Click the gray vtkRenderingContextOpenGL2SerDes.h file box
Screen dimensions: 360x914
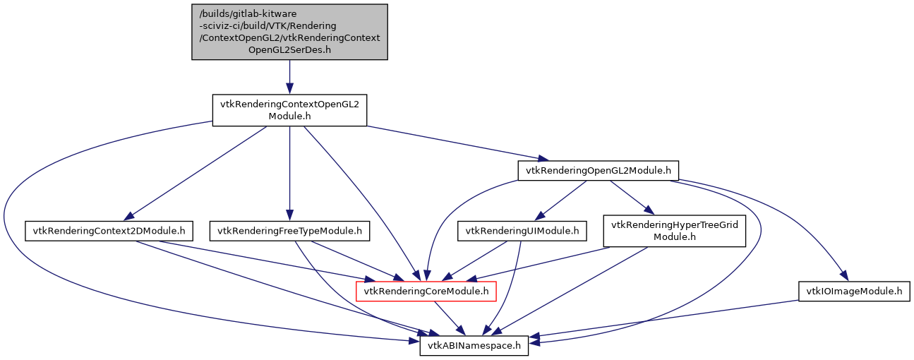[x=289, y=32]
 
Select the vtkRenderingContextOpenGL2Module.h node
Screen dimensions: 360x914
[x=289, y=112]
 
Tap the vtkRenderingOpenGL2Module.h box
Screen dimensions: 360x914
[x=598, y=170]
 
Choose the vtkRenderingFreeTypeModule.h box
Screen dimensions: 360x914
[x=289, y=230]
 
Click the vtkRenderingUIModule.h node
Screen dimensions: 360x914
[x=522, y=230]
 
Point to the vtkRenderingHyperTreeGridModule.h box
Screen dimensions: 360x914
[x=674, y=230]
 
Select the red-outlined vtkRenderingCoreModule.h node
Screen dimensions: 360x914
[x=426, y=291]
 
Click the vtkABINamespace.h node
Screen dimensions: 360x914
[x=474, y=345]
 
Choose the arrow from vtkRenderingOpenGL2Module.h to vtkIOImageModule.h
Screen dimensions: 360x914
[x=790, y=212]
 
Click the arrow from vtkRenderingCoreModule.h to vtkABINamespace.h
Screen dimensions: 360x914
[x=449, y=317]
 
